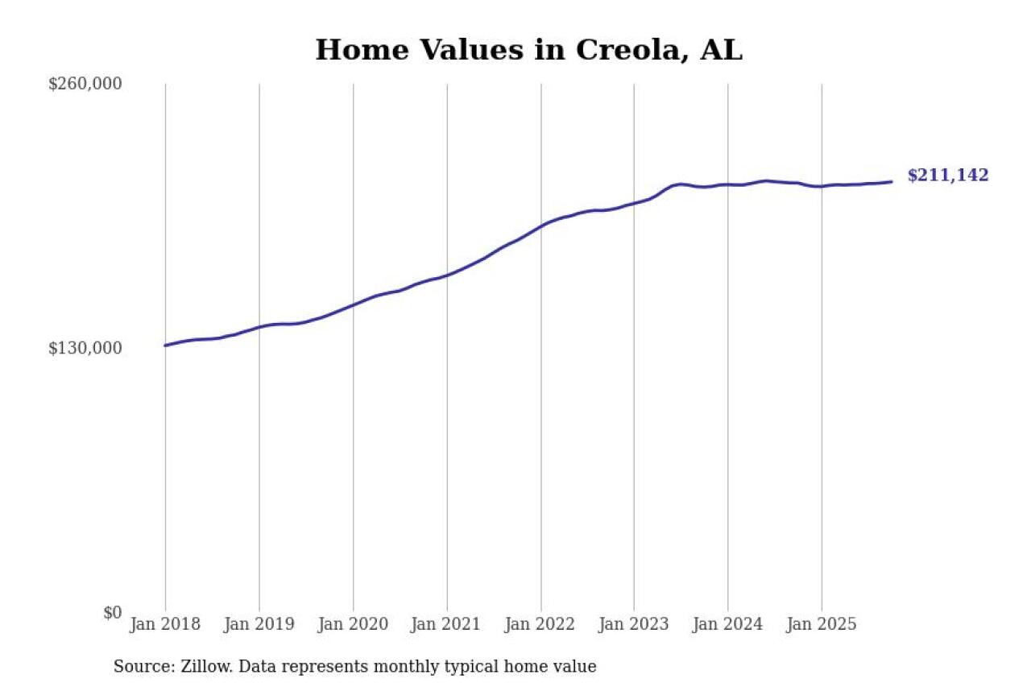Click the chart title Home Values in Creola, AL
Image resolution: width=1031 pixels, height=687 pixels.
[x=528, y=50]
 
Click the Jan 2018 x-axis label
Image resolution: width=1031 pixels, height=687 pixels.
[x=165, y=624]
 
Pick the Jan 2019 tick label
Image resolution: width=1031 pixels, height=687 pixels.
[x=259, y=624]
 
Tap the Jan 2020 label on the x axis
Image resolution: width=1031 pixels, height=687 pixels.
[x=353, y=624]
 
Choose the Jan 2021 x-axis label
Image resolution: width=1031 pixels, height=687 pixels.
[x=447, y=624]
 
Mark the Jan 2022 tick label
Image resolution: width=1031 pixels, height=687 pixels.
[x=540, y=624]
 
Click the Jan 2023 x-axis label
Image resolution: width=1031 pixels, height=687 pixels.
[x=634, y=624]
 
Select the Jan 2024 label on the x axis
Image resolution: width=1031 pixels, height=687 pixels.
[x=728, y=624]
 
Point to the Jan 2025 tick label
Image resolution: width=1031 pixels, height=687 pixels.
[x=822, y=624]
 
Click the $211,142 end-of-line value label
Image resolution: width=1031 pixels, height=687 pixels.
[x=948, y=176]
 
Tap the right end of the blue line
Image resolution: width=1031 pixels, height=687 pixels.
[x=891, y=182]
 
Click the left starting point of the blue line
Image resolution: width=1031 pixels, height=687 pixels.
[x=165, y=346]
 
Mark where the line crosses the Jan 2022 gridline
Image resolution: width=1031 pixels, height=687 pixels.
[x=540, y=226]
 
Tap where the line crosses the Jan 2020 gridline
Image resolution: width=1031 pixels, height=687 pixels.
[x=353, y=304]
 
